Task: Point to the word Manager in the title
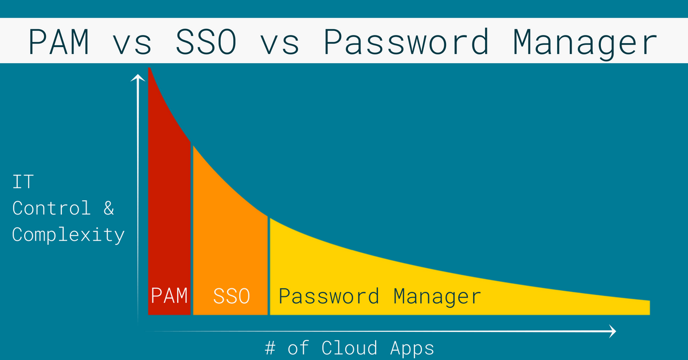point(585,42)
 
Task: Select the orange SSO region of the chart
point(229,241)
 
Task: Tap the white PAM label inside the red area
point(169,296)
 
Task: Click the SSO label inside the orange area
point(232,296)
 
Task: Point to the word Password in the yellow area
point(329,296)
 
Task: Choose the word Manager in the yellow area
point(437,296)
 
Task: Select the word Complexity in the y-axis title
point(68,235)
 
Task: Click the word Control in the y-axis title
point(52,208)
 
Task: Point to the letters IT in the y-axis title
point(23,182)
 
